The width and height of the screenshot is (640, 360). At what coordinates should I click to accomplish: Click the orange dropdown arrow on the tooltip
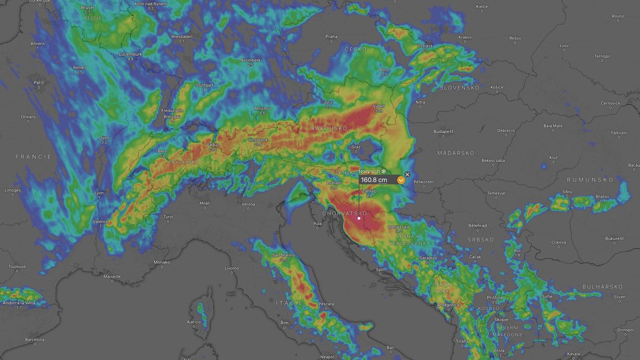(401, 180)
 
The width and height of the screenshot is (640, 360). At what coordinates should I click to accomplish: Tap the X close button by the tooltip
(407, 174)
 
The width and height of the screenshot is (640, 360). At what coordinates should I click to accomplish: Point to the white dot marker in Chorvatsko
(359, 218)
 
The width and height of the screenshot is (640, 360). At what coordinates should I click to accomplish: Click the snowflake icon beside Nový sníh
(383, 171)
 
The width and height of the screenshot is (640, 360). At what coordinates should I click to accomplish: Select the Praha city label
(331, 36)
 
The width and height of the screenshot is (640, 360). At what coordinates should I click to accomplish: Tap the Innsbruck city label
(258, 140)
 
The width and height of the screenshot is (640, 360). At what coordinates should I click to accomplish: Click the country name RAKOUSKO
(329, 129)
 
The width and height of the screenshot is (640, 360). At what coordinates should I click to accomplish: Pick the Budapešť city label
(443, 131)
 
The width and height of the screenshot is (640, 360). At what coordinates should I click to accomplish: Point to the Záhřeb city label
(369, 191)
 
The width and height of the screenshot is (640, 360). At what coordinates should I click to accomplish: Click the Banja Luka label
(398, 227)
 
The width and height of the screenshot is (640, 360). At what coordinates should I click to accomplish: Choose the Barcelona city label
(34, 339)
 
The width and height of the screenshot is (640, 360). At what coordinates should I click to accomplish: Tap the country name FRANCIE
(34, 157)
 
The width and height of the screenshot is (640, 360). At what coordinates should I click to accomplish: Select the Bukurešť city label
(614, 238)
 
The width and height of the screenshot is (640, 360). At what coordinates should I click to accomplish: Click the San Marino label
(284, 255)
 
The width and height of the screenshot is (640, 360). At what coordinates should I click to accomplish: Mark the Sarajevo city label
(428, 258)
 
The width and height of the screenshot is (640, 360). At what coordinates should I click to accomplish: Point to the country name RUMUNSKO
(590, 180)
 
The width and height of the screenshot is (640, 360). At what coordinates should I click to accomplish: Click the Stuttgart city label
(204, 85)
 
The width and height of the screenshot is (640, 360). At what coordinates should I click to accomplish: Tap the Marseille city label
(112, 276)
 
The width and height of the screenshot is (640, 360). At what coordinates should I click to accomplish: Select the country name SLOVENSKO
(459, 87)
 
